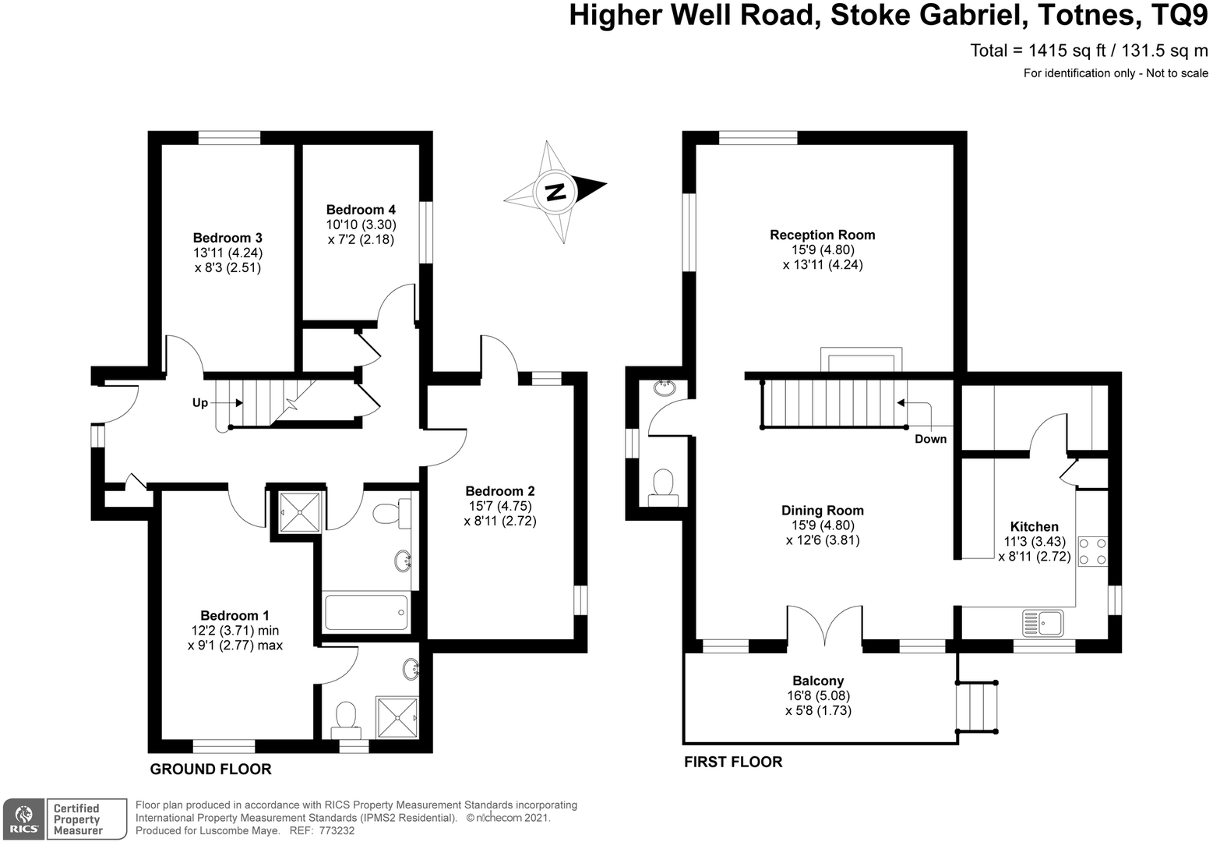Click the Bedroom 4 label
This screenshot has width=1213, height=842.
point(361,210)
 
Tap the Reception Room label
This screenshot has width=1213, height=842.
point(822,235)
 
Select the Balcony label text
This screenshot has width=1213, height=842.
point(818,681)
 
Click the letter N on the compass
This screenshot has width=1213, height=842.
point(555,191)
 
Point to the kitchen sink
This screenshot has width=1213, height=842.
point(1043,621)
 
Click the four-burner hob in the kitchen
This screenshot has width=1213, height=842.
point(1092,550)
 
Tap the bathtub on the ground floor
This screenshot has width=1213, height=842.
point(365,612)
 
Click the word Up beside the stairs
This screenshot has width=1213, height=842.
point(200,403)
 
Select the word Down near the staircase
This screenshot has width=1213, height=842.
point(930,439)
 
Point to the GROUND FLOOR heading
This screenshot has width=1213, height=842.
point(210,769)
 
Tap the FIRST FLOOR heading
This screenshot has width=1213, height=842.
point(733,762)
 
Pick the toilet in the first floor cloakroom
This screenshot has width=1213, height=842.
point(663,485)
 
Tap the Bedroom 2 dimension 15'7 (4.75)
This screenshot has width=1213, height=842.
point(499,506)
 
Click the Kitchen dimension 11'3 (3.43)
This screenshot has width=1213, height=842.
point(1035,542)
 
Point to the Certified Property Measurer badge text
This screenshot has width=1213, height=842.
point(77,819)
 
